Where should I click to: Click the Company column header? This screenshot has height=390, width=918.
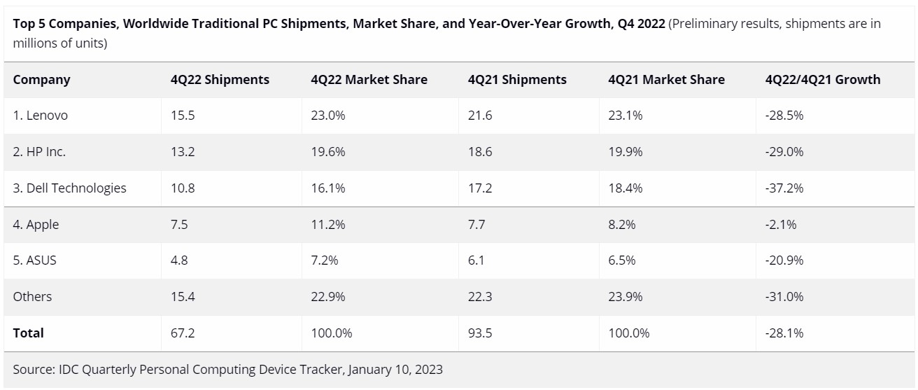[x=41, y=80]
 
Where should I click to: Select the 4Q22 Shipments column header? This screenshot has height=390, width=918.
[x=220, y=80]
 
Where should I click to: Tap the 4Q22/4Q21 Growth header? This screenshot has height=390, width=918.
[x=823, y=80]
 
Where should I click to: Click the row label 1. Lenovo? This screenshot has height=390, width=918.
[x=40, y=116]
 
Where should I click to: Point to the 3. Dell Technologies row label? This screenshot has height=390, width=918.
[x=69, y=188]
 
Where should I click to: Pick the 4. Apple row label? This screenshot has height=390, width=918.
[x=36, y=225]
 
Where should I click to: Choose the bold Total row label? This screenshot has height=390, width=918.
[x=28, y=333]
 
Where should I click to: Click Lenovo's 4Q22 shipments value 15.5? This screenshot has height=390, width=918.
[x=183, y=116]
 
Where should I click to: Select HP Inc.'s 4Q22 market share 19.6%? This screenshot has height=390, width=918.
[x=328, y=152]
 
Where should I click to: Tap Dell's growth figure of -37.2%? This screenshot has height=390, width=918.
[x=784, y=188]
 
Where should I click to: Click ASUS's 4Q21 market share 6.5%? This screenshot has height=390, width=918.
[x=622, y=260]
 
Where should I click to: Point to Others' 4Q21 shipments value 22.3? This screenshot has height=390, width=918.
[x=480, y=297]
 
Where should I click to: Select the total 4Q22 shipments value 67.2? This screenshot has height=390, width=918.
[x=183, y=333]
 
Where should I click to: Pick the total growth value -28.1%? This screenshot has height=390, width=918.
[x=784, y=333]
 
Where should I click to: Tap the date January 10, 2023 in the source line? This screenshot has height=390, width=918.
[x=395, y=369]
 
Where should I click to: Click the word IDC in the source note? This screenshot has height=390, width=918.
[x=65, y=369]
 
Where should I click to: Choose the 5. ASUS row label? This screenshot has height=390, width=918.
[x=34, y=260]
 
